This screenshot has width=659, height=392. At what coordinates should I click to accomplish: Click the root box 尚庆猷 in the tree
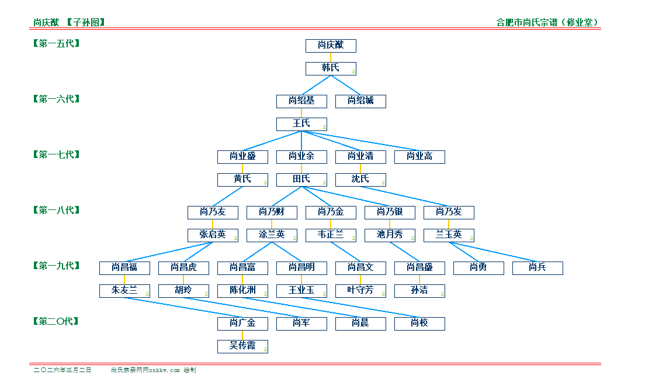tap(331, 46)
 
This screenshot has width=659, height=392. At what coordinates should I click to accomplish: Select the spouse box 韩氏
tap(331, 68)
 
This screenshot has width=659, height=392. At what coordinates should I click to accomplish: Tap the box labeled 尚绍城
tap(360, 101)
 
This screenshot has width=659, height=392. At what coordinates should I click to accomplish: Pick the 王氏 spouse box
tap(301, 124)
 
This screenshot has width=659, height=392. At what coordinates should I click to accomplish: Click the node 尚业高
tap(419, 157)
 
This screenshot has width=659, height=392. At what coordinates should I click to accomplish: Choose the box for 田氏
tap(301, 180)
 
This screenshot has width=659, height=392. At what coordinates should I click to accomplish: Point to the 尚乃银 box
tap(390, 212)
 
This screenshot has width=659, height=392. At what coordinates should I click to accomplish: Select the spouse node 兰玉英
tap(449, 235)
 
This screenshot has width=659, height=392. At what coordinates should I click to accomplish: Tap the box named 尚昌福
tap(124, 268)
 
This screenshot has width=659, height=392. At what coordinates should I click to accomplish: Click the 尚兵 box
tap(537, 268)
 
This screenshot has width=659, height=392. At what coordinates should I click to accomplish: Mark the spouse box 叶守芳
tap(360, 291)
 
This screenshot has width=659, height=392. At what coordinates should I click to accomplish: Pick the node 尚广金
tap(242, 324)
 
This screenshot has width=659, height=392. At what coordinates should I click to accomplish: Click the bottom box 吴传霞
tap(242, 346)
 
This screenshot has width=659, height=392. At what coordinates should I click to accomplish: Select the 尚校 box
tap(419, 324)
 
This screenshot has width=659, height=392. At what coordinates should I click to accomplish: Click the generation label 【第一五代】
tap(57, 43)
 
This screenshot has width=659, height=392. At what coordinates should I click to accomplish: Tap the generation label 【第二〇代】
tap(57, 321)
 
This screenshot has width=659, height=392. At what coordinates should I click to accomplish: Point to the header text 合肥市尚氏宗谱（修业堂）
tap(547, 23)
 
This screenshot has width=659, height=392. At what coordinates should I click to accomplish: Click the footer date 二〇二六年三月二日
tap(63, 370)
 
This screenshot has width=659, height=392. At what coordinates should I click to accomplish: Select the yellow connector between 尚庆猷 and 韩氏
tap(331, 57)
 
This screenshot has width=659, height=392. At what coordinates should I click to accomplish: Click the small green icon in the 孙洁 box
tap(442, 294)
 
